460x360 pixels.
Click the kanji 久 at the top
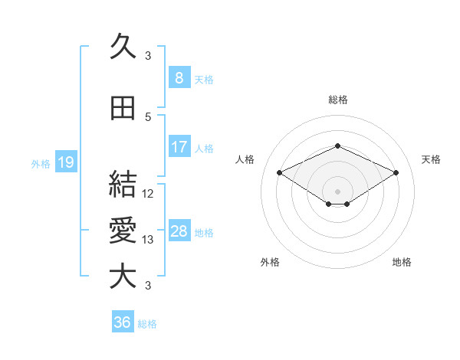coord(123,47)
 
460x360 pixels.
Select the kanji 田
coord(123,108)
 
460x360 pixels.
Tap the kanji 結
coord(123,185)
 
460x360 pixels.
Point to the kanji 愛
coord(123,230)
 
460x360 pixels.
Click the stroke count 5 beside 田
coord(148,117)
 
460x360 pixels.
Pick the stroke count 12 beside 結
coord(149,194)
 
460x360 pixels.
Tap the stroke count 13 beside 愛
coord(149,240)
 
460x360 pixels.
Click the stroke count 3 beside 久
coord(148,56)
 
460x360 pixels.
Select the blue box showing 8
coord(179,77)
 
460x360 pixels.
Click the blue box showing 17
coord(179,146)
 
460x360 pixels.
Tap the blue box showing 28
coord(179,231)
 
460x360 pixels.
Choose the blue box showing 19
coord(65,162)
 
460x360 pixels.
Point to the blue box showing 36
coord(122,322)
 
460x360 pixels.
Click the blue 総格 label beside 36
coord(147,324)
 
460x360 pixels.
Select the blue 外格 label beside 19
coord(41,163)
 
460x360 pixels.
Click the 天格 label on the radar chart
coord(432,159)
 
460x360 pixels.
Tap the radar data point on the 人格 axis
coord(280,173)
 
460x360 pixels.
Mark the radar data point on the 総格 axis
coord(337,146)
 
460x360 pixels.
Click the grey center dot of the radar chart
coord(337,190)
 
